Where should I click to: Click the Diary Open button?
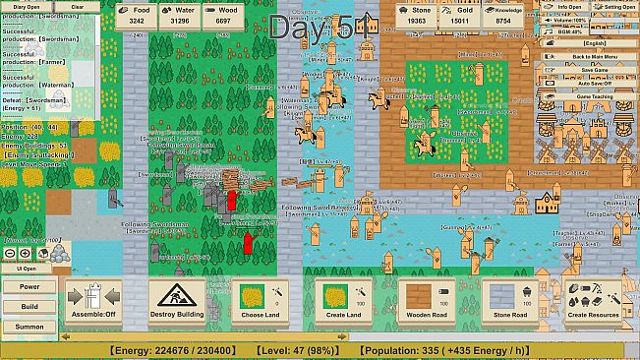[27, 6]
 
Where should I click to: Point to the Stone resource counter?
[416, 15]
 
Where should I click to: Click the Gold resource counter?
[459, 15]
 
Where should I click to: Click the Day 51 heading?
[320, 29]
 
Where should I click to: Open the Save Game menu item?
[594, 70]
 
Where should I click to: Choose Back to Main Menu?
[594, 57]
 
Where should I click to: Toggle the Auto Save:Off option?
[594, 83]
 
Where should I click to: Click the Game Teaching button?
[594, 96]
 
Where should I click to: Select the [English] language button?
[594, 43]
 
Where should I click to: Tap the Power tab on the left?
[30, 287]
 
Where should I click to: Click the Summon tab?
[30, 326]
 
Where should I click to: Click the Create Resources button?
[592, 301]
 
